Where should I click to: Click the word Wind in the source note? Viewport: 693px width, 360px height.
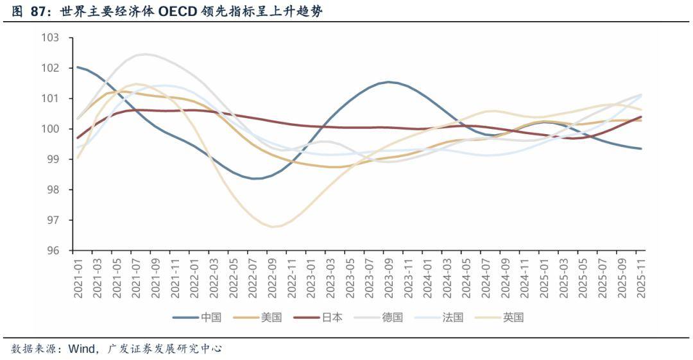[80, 348]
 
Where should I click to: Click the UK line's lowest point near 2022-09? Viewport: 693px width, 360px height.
[273, 227]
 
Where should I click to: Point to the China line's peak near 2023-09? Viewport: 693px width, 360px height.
[388, 82]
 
